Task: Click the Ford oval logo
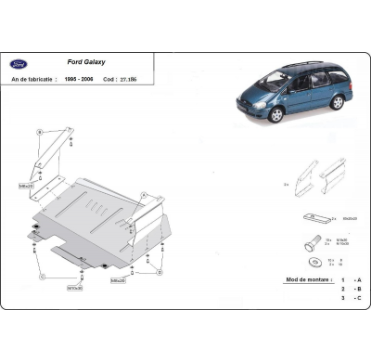pos(18,64)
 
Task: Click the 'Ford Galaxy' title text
pos(86,63)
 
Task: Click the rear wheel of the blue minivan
pos(335,102)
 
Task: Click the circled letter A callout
pos(144,195)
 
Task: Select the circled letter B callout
pos(40,132)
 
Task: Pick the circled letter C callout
pos(43,277)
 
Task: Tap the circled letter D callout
pos(160,273)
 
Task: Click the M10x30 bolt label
pos(74,288)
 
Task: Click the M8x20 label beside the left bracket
pos(26,186)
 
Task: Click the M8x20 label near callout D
pos(118,279)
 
